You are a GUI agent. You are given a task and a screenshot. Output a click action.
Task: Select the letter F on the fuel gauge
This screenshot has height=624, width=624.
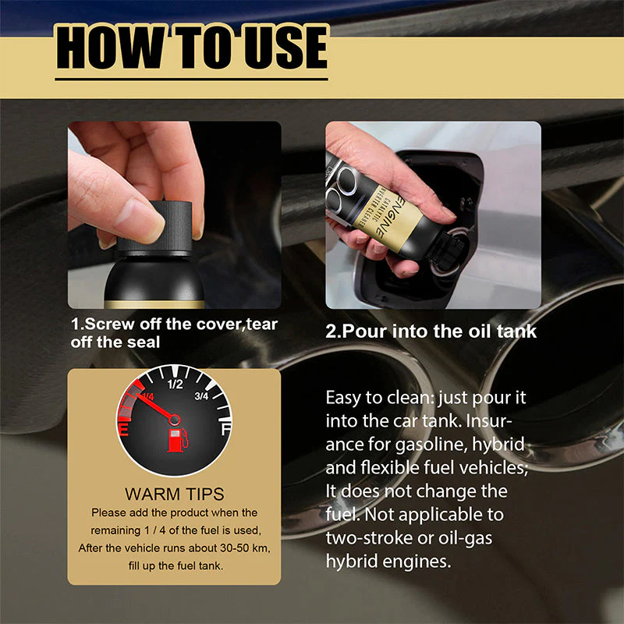(225, 430)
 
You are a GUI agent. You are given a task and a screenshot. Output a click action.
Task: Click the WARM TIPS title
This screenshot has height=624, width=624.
(174, 494)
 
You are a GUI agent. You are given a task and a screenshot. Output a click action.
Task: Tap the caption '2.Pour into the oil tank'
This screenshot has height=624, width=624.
(431, 331)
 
